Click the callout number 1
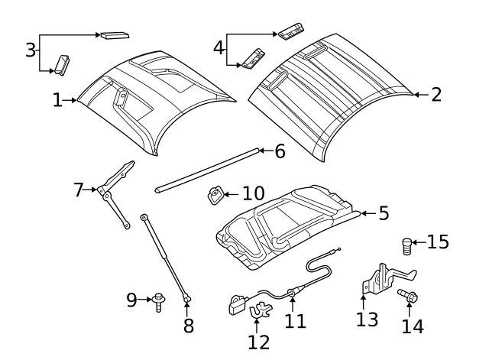pos(57,100)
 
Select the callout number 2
pos(436,95)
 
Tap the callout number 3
pos(30,50)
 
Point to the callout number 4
pos(219,47)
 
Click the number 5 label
pos(384,214)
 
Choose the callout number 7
pos(79,190)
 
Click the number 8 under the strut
pos(188,326)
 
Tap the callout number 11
pos(295,321)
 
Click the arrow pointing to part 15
pos(419,243)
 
